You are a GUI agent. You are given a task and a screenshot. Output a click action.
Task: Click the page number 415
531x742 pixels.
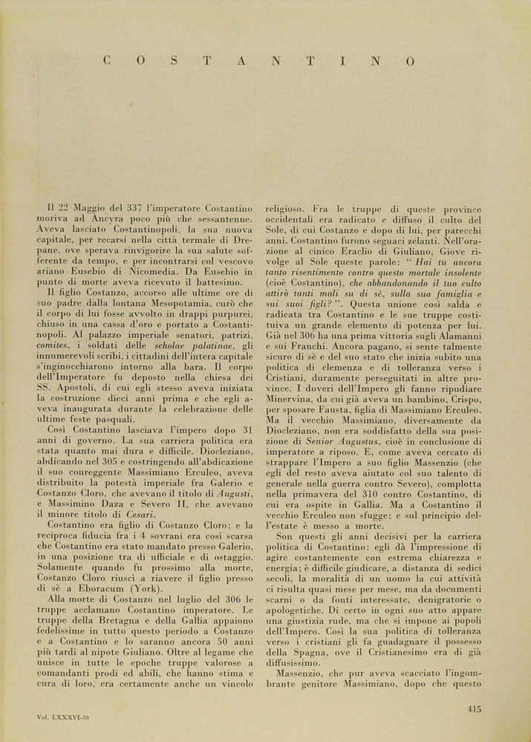coord(475,709)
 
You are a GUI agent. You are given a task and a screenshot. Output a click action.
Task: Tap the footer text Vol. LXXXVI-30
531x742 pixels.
coord(64,717)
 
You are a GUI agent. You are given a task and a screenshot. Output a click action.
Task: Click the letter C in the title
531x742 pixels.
coord(108,61)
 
